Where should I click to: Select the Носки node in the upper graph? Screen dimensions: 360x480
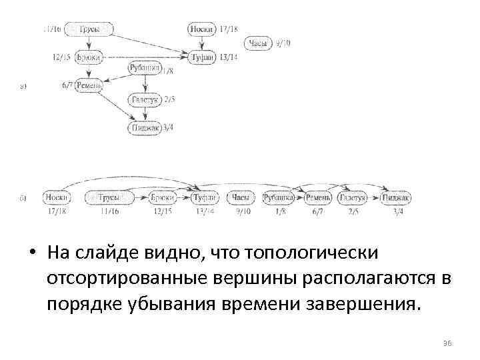point(201,29)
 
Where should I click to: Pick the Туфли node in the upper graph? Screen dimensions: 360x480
point(202,58)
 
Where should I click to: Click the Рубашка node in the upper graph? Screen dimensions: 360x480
point(143,69)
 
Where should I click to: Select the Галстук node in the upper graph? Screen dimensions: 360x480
point(144,99)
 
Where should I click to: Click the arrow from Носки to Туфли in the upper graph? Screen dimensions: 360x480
point(201,43)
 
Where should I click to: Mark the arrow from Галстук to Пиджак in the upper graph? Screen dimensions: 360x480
point(144,113)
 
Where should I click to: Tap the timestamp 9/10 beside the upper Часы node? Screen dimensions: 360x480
point(283,43)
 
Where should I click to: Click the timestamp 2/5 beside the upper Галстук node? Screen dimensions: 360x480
point(169,99)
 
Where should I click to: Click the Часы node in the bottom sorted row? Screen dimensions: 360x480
point(241,197)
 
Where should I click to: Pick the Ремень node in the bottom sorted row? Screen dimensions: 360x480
point(316,197)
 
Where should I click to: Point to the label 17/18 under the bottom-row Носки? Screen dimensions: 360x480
point(57,211)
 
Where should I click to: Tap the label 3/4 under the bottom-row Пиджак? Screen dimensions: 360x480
point(398,211)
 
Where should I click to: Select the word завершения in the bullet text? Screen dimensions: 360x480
point(361,305)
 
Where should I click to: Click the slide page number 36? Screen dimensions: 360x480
point(447,342)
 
